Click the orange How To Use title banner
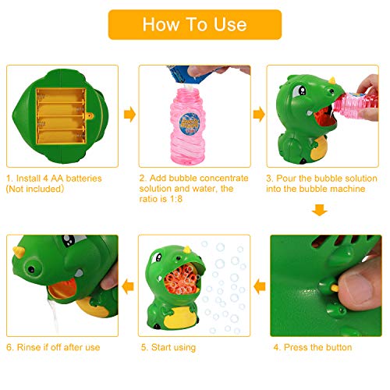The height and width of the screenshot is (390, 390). [x=194, y=24]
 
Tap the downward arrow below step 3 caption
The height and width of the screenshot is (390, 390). [x=320, y=211]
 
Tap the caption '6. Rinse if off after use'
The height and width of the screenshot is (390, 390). [x=52, y=347]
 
